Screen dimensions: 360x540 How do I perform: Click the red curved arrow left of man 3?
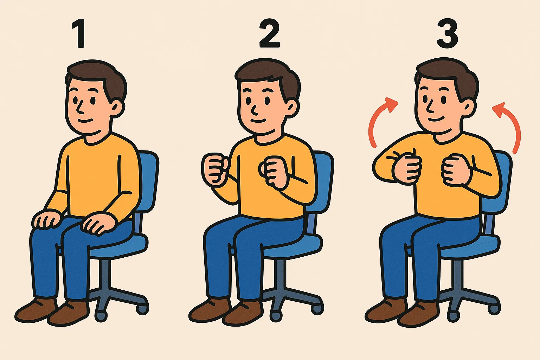pos(380,120)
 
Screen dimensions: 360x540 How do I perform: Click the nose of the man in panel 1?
pos(80,105)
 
